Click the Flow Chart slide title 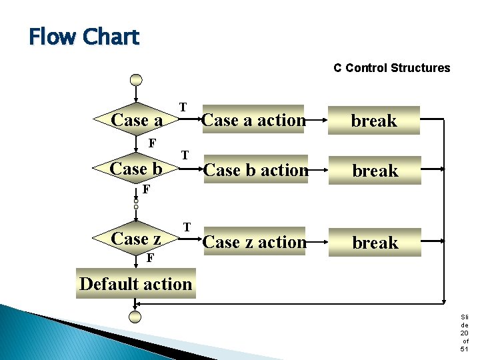pyautogui.click(x=84, y=37)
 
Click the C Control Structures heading pyautogui.click(x=391, y=68)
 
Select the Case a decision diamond pyautogui.click(x=137, y=120)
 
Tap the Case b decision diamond pyautogui.click(x=136, y=169)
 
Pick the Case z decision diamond pyautogui.click(x=136, y=239)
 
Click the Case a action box pyautogui.click(x=253, y=120)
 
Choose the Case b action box pyautogui.click(x=256, y=171)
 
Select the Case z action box pyautogui.click(x=254, y=242)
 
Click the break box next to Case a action pyautogui.click(x=374, y=121)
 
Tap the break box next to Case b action pyautogui.click(x=375, y=171)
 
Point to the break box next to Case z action pyautogui.click(x=375, y=243)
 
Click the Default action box pyautogui.click(x=136, y=284)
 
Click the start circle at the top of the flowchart pyautogui.click(x=136, y=79)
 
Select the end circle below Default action pyautogui.click(x=136, y=317)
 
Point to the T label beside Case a pyautogui.click(x=182, y=107)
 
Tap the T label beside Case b pyautogui.click(x=185, y=155)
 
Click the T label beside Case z pyautogui.click(x=187, y=227)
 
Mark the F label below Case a pyautogui.click(x=152, y=143)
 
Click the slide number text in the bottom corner pyautogui.click(x=464, y=333)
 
